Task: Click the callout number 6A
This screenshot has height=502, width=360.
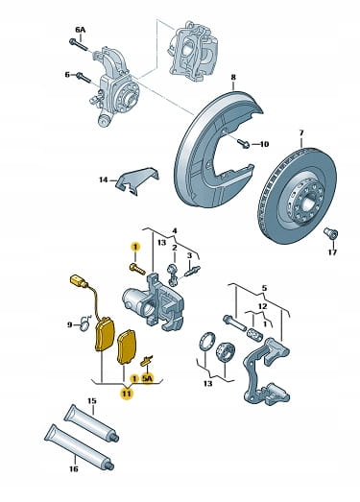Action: tap(81, 30)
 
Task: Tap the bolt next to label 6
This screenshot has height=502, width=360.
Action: tap(84, 77)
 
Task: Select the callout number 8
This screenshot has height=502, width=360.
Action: tap(233, 77)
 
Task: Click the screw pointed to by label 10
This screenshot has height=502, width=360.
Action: tap(243, 143)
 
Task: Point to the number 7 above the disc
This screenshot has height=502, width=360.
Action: tap(301, 132)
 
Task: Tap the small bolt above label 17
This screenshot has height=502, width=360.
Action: tap(330, 233)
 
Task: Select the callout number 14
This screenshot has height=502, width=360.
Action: tap(103, 179)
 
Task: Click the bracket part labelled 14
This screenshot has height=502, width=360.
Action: tap(137, 180)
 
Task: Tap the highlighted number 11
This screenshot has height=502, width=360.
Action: tap(127, 393)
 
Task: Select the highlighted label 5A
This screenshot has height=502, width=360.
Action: tap(147, 378)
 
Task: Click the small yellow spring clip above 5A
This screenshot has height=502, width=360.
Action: tap(147, 360)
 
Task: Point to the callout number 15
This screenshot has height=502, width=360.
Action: tap(92, 401)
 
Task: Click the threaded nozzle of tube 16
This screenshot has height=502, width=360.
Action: tap(108, 465)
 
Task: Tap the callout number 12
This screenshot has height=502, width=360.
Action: tap(262, 306)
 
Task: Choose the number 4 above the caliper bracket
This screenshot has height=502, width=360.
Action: tap(175, 230)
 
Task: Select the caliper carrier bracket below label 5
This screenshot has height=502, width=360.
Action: tap(267, 371)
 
